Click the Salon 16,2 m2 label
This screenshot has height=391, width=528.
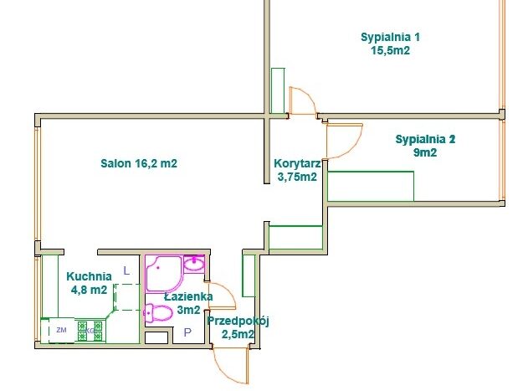point(139,163)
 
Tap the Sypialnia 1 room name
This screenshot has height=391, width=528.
point(390,37)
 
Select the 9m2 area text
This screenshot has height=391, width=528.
point(425,152)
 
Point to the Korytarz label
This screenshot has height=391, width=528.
point(297,163)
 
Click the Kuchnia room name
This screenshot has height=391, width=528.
point(89,276)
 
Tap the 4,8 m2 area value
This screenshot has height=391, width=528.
point(89,290)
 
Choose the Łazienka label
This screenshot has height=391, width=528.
point(188,296)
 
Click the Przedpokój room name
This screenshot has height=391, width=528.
point(238,322)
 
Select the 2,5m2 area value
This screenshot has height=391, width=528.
point(238,334)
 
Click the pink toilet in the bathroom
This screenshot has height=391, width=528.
point(158,313)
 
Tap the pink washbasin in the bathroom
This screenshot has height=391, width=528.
point(194,264)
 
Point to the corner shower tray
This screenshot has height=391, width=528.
point(164,274)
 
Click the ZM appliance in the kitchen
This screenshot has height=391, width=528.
point(61,330)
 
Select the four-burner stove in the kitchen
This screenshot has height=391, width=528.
point(90,331)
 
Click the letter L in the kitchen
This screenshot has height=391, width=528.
point(126,270)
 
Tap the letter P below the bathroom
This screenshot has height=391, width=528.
point(187,332)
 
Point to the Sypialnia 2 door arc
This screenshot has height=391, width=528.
point(354,148)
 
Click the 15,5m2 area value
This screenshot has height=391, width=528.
point(390,50)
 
